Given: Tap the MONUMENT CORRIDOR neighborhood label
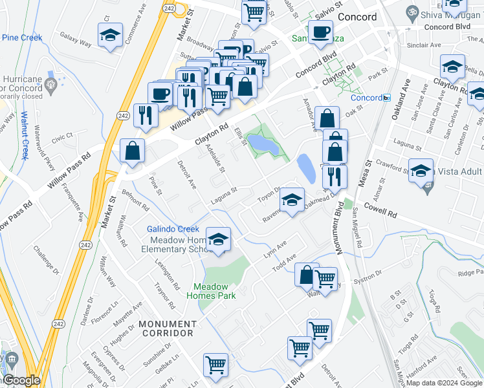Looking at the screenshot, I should coord(167,328).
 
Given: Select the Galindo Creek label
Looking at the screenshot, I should coord(173,229).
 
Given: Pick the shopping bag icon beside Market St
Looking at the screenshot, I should coord(132,151).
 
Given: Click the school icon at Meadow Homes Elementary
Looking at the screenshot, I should coord(218,239).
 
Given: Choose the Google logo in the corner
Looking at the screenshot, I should coord(21,380).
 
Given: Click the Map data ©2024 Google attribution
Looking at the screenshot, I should coord(444,383).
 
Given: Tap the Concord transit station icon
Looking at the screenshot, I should coord(386,98).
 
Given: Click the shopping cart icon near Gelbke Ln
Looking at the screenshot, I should coord(215,364).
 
